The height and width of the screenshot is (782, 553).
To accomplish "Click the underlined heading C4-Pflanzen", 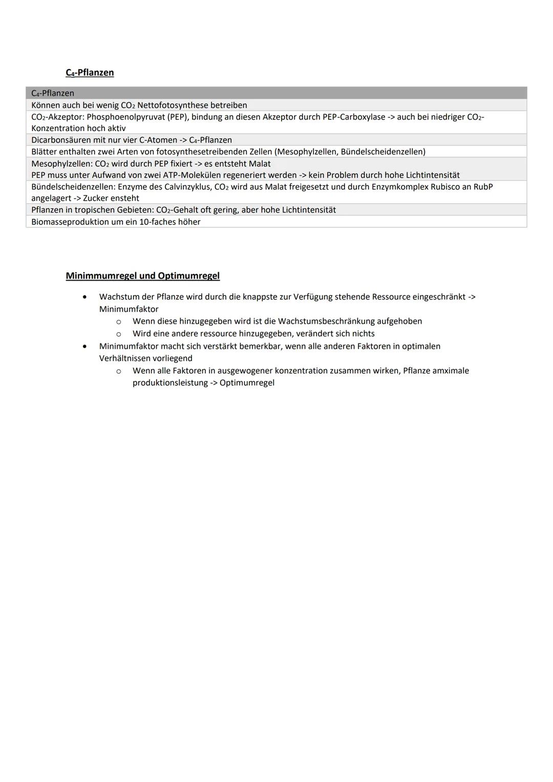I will pyautogui.click(x=90, y=73).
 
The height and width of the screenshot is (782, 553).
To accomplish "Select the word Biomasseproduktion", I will pyautogui.click(x=70, y=222).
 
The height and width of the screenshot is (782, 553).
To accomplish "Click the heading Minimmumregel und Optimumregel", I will pyautogui.click(x=142, y=276).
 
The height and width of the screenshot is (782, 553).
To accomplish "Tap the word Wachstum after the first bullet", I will pyautogui.click(x=119, y=297).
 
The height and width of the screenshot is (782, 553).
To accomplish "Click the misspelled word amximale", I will pyautogui.click(x=451, y=371).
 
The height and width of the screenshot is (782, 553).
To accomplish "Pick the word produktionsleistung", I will pyautogui.click(x=169, y=383).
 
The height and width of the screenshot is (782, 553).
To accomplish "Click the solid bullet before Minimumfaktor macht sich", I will pyautogui.click(x=84, y=346).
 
